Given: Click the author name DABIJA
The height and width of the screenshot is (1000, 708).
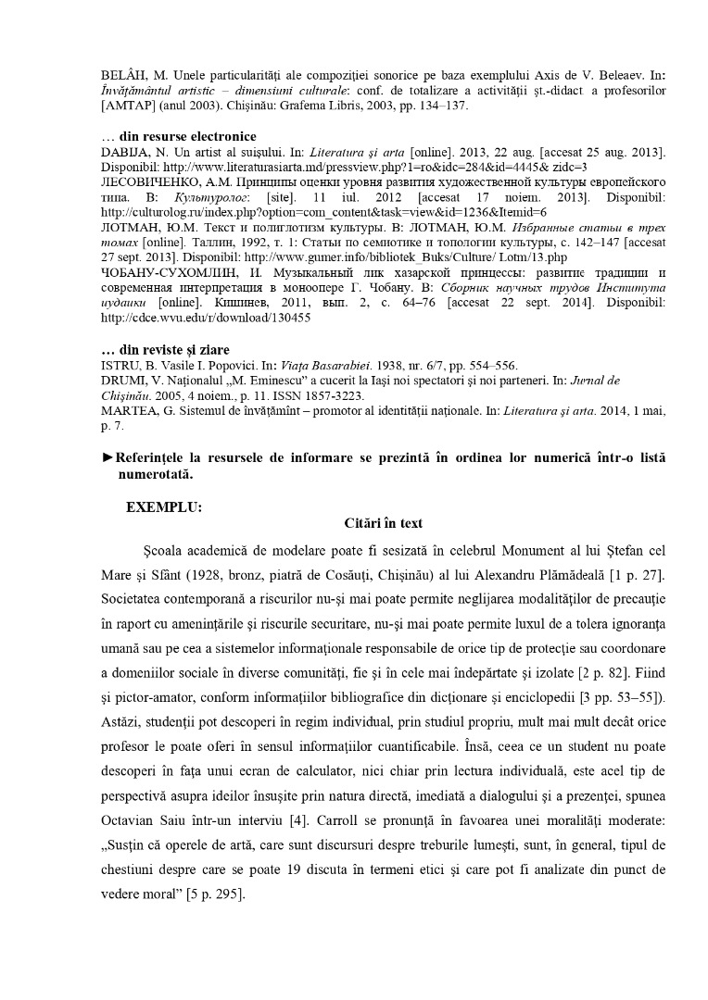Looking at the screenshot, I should [121, 151].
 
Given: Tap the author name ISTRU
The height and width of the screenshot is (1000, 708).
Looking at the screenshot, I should [118, 365].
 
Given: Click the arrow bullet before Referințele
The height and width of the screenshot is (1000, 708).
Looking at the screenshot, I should [107, 457].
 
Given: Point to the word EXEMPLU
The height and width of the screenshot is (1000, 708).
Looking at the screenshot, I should [163, 507].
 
